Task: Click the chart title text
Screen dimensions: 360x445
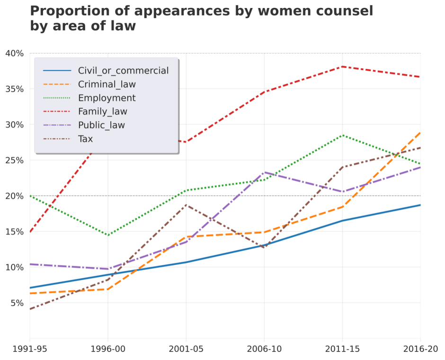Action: pyautogui.click(x=201, y=18)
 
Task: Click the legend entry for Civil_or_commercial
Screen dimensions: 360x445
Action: pyautogui.click(x=123, y=71)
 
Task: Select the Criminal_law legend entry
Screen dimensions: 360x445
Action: pyautogui.click(x=107, y=85)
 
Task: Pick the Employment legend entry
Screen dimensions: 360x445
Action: pyautogui.click(x=107, y=98)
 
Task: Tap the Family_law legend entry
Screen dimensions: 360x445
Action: pyautogui.click(x=102, y=112)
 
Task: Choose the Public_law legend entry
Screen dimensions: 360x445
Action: pyautogui.click(x=101, y=125)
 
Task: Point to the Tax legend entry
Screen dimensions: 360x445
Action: pyautogui.click(x=85, y=139)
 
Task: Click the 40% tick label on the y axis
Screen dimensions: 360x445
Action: pyautogui.click(x=14, y=53)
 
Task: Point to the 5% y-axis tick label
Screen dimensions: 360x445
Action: pyautogui.click(x=16, y=303)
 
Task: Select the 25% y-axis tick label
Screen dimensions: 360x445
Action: pyautogui.click(x=14, y=160)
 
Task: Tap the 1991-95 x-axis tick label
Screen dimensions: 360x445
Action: pyautogui.click(x=30, y=349)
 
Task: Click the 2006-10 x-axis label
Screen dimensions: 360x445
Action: pyautogui.click(x=264, y=349)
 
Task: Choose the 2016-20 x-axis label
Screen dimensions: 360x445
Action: pyautogui.click(x=419, y=349)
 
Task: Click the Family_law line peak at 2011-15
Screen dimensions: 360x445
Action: pyautogui.click(x=342, y=67)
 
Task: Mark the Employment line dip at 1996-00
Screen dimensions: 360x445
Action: pyautogui.click(x=108, y=235)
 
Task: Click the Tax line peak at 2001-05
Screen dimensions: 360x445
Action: pyautogui.click(x=186, y=205)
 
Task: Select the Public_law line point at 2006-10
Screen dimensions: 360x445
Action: pyautogui.click(x=264, y=172)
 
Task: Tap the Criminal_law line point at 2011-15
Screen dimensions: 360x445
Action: pyautogui.click(x=342, y=207)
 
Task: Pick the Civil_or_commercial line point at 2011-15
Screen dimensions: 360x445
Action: pyautogui.click(x=342, y=220)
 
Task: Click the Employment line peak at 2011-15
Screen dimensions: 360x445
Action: pyautogui.click(x=342, y=135)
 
